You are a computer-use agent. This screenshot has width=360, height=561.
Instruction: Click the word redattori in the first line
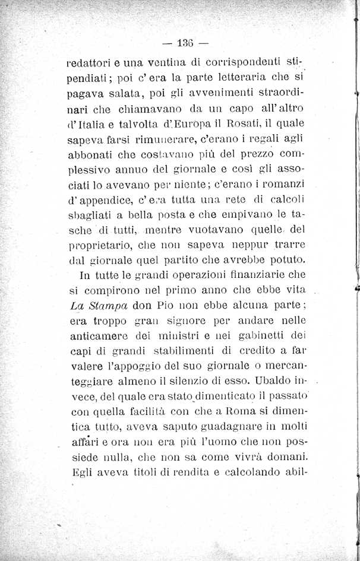pos(89,62)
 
